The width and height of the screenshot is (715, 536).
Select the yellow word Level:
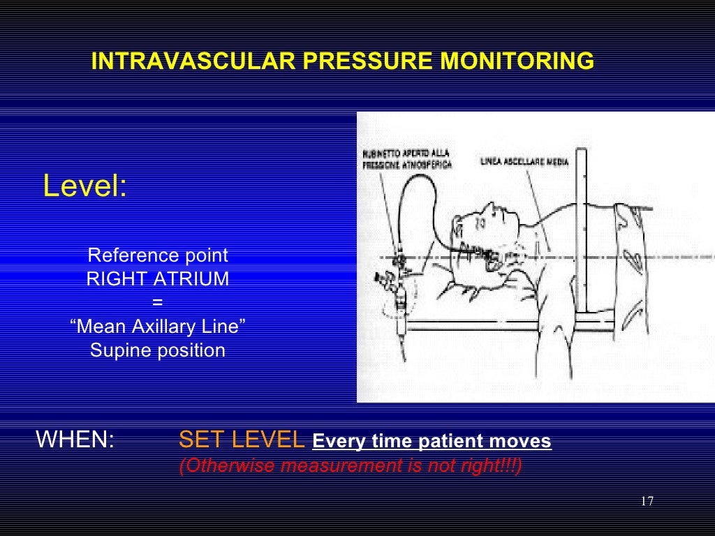point(84,187)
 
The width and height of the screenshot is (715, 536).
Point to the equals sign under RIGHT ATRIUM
point(157,303)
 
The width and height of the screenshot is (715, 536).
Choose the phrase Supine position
point(158,350)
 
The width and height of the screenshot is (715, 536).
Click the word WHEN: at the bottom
point(75,441)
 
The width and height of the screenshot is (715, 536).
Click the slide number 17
point(646,502)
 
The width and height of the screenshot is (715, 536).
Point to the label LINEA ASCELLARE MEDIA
point(524,162)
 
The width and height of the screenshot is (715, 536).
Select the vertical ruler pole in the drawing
point(586,230)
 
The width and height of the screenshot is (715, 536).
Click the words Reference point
point(158,255)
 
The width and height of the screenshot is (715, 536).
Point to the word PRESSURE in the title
point(369,62)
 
